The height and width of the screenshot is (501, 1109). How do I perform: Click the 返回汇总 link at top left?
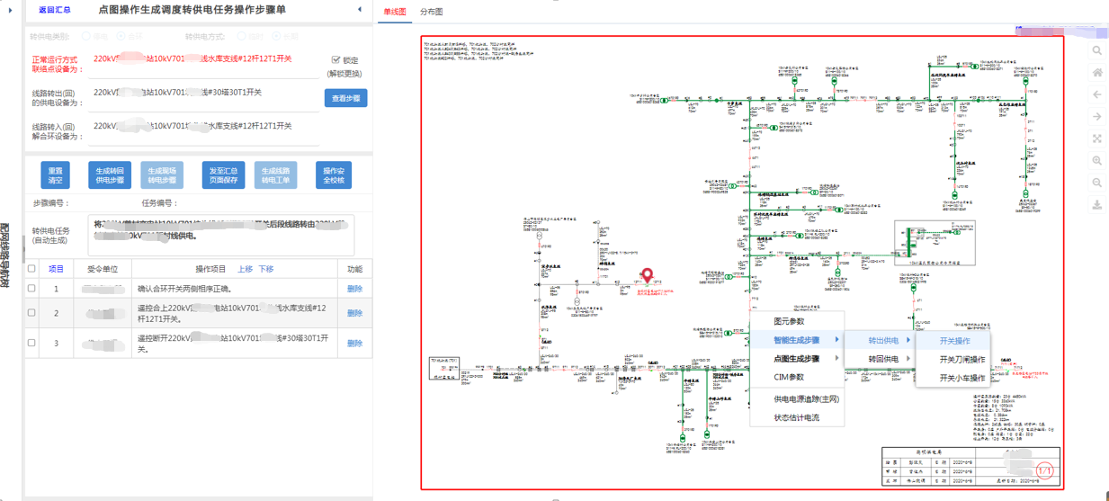[x=55, y=10]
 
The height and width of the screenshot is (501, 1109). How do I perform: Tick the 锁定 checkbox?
[x=336, y=60]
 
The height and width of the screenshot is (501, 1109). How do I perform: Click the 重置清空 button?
[x=56, y=174]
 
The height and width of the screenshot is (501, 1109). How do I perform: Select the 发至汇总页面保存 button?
[x=224, y=174]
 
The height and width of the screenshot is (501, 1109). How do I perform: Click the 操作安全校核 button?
[x=334, y=174]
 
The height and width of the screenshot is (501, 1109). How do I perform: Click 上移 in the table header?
[x=246, y=269]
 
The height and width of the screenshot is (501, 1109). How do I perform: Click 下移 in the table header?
[x=266, y=269]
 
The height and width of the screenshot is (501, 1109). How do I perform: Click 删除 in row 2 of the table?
[x=354, y=313]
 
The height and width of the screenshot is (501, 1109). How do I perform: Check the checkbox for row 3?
[x=32, y=343]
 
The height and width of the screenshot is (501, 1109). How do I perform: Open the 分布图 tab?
[x=432, y=13]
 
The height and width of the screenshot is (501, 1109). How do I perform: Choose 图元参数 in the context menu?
[x=789, y=321]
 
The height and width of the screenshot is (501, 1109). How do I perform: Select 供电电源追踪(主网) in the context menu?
[x=806, y=398]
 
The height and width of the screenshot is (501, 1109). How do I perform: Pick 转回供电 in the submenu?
[x=883, y=359]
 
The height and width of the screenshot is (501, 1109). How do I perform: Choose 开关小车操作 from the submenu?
[x=962, y=378]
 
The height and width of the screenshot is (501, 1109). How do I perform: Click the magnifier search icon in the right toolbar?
[x=1097, y=51]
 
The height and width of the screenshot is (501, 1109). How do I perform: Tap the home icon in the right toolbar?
[x=1097, y=73]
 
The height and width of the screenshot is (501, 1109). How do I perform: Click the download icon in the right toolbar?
[x=1097, y=205]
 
